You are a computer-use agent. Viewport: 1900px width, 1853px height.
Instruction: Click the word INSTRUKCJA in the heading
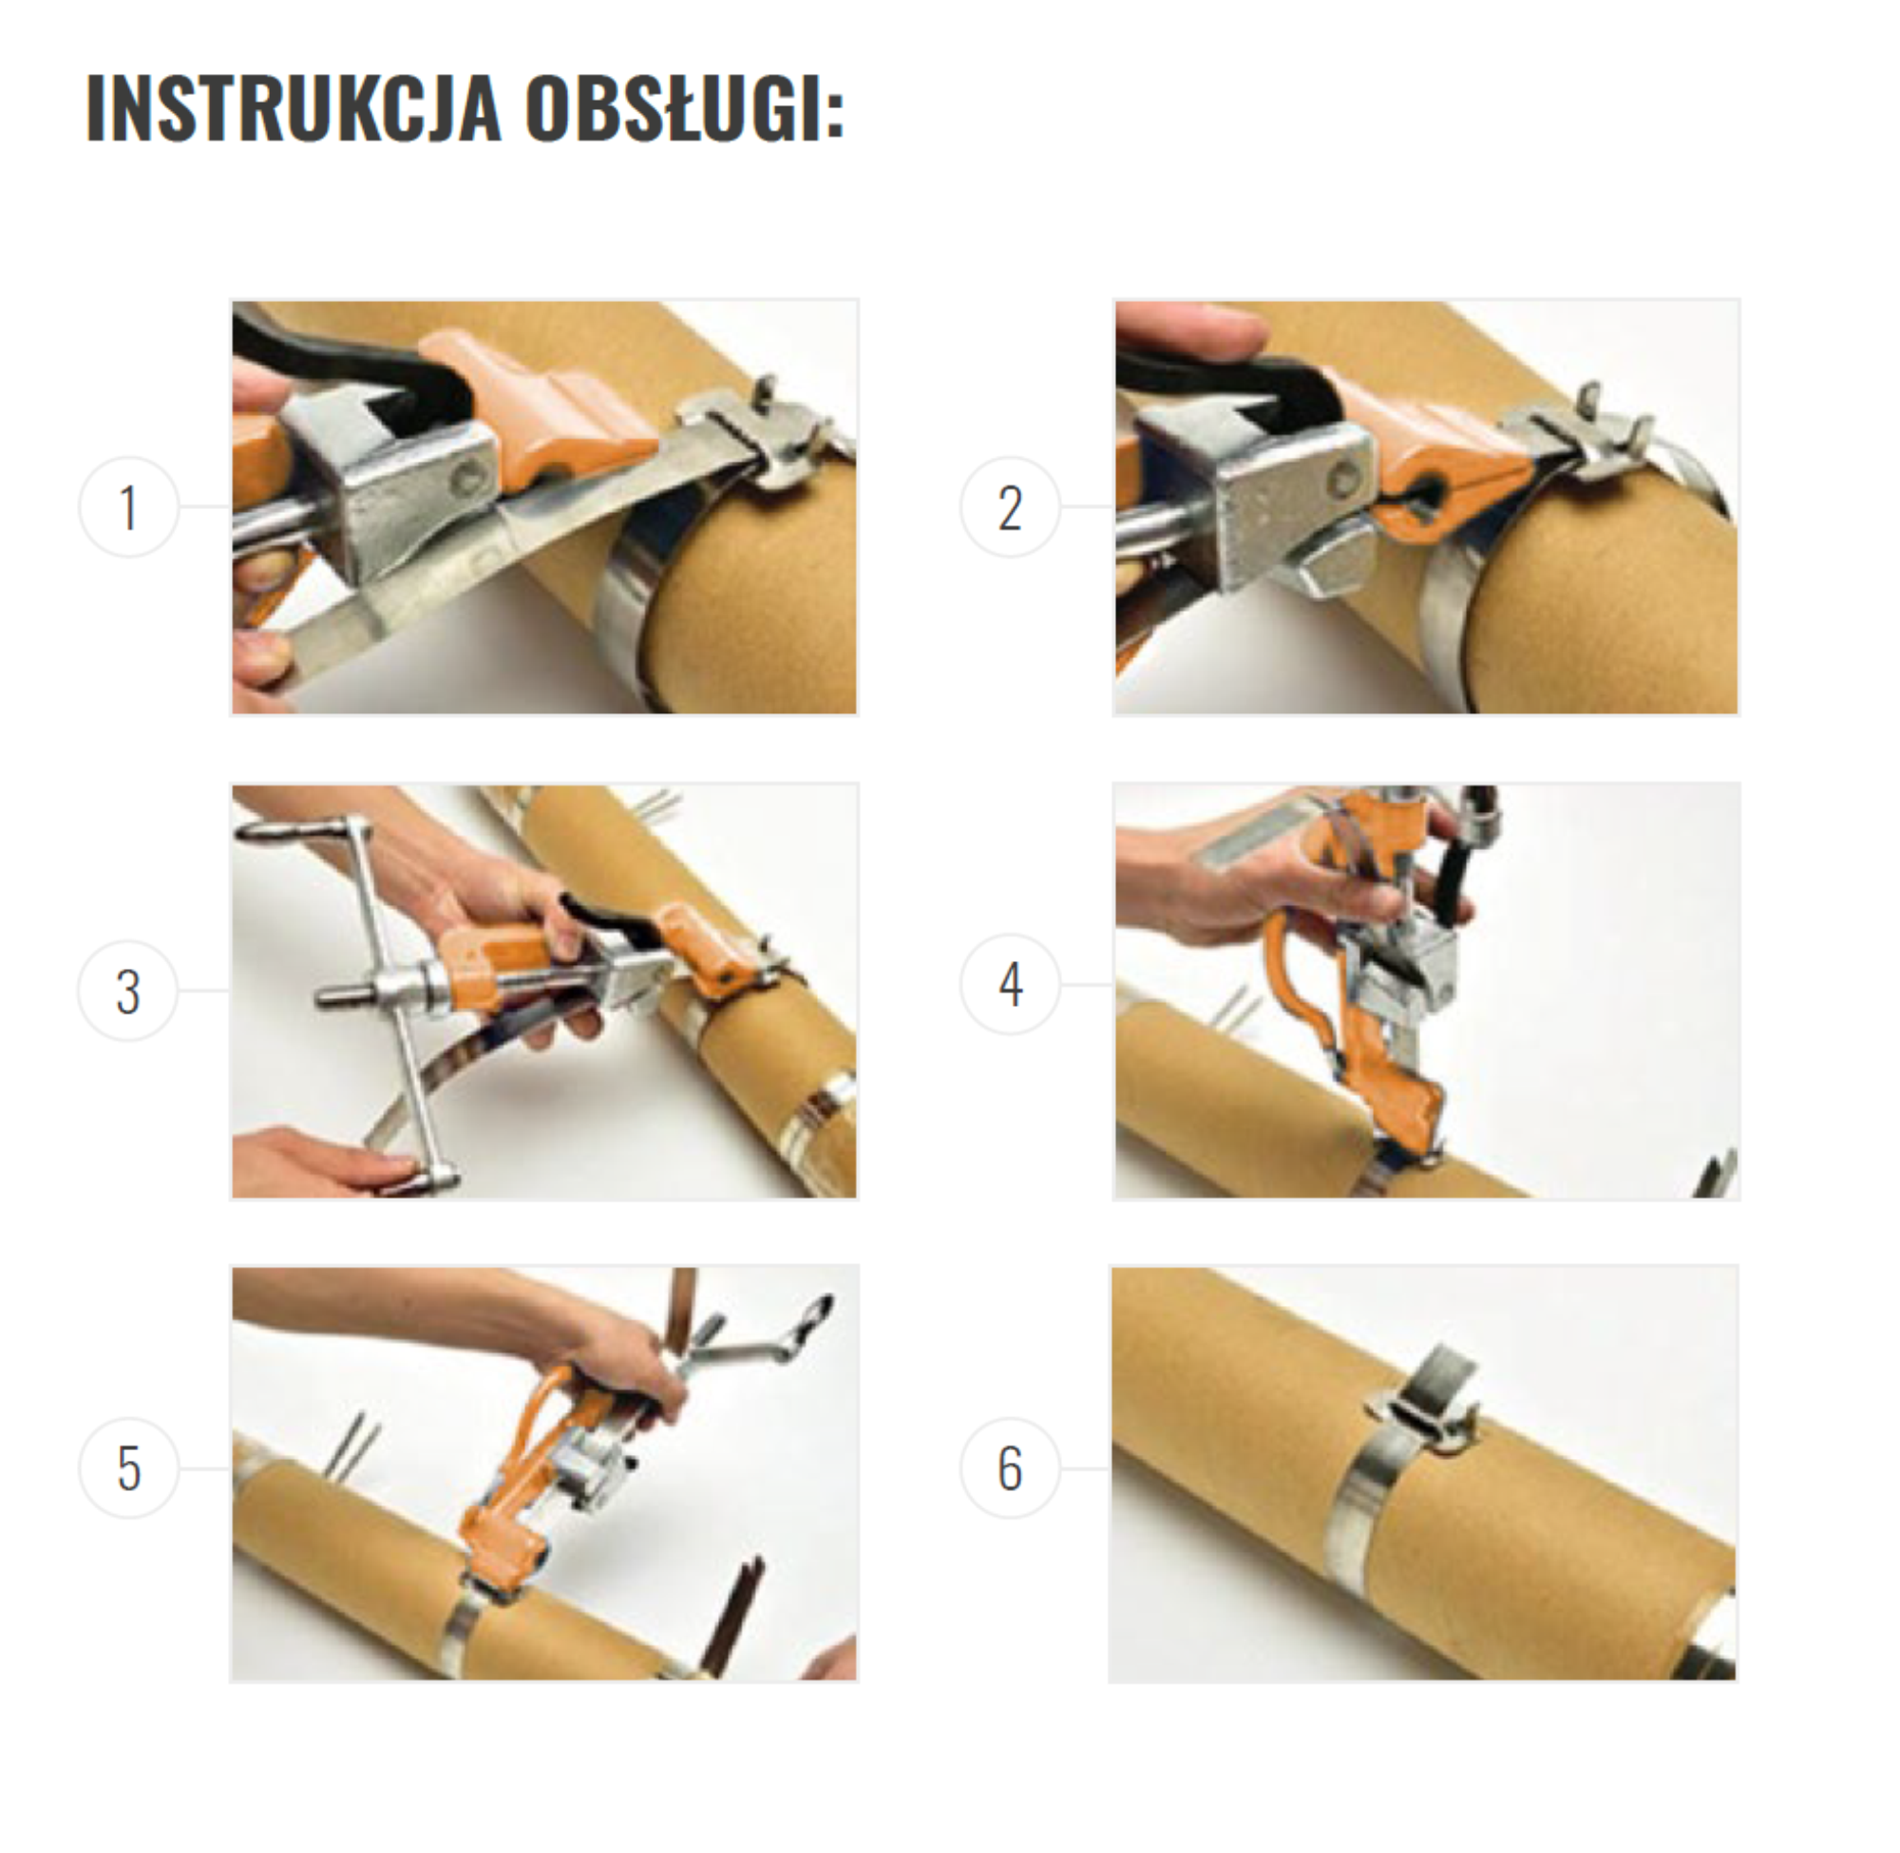tap(293, 108)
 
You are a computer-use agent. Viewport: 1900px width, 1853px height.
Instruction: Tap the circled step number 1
tap(128, 507)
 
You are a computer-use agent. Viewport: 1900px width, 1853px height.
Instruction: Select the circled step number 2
tap(1011, 507)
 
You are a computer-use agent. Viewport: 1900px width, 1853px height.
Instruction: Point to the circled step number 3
tap(128, 991)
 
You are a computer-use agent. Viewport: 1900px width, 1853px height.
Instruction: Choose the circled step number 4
tap(1011, 984)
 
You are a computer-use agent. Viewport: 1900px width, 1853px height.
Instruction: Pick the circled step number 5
tap(128, 1467)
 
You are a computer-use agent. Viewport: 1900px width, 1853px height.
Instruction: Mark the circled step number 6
tap(1011, 1467)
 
